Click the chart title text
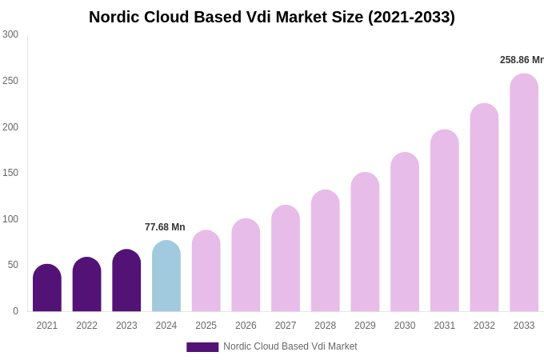pos(271,17)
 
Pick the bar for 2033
pos(524,193)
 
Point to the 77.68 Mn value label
pos(165,227)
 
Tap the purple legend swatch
pos(202,347)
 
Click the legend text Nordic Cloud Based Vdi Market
pos(290,346)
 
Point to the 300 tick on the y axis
pos(10,34)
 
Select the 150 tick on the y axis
pos(10,173)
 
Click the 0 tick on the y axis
pos(15,311)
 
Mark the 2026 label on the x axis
pos(246,326)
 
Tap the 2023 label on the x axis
pos(126,326)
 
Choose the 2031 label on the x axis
pos(445,326)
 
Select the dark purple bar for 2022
pos(87,285)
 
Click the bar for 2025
pos(206,271)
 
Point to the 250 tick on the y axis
pos(10,81)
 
